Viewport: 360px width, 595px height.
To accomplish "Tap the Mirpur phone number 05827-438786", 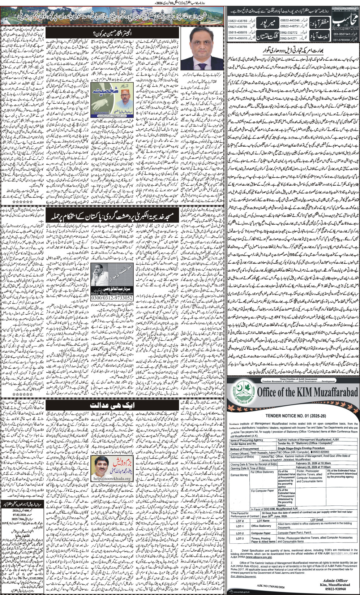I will coord(238,21).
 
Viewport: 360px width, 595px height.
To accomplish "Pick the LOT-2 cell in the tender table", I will coord(240,533).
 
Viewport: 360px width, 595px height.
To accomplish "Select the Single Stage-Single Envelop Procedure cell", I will coord(304,449).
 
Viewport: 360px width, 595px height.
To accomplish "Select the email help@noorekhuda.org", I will coord(112,478).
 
